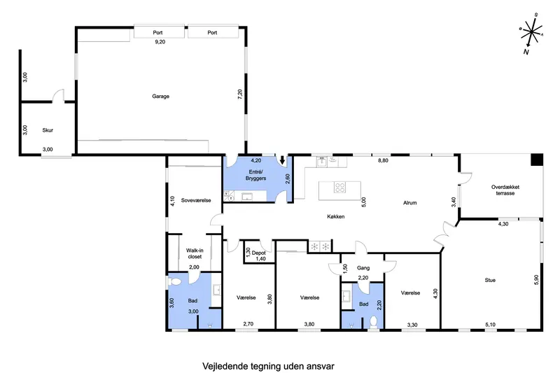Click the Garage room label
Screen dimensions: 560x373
160,96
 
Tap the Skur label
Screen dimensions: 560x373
48,130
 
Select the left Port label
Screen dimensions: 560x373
157,32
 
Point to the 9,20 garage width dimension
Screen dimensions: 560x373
160,42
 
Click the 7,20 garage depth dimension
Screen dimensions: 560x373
240,94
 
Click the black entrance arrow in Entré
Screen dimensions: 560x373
282,160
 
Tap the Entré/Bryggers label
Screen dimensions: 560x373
255,175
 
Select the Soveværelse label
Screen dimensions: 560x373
196,200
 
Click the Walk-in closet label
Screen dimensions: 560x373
195,253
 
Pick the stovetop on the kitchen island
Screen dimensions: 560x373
339,188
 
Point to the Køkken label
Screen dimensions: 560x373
336,216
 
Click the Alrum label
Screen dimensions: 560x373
410,203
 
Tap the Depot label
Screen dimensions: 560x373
258,253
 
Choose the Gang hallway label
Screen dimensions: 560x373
363,268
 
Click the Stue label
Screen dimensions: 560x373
490,280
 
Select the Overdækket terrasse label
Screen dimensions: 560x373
505,190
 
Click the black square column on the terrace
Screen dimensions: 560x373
536,160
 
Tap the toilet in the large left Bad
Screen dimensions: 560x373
174,282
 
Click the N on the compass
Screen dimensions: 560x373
526,52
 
